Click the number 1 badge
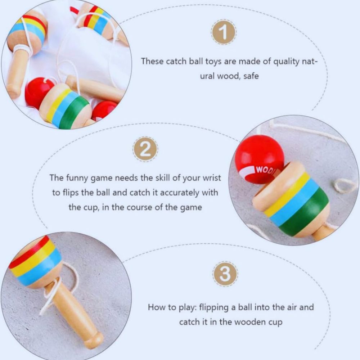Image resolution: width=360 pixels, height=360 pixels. point(224,32)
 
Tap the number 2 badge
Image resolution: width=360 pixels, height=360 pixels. point(145,150)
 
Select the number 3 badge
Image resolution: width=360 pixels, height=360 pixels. point(225,274)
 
